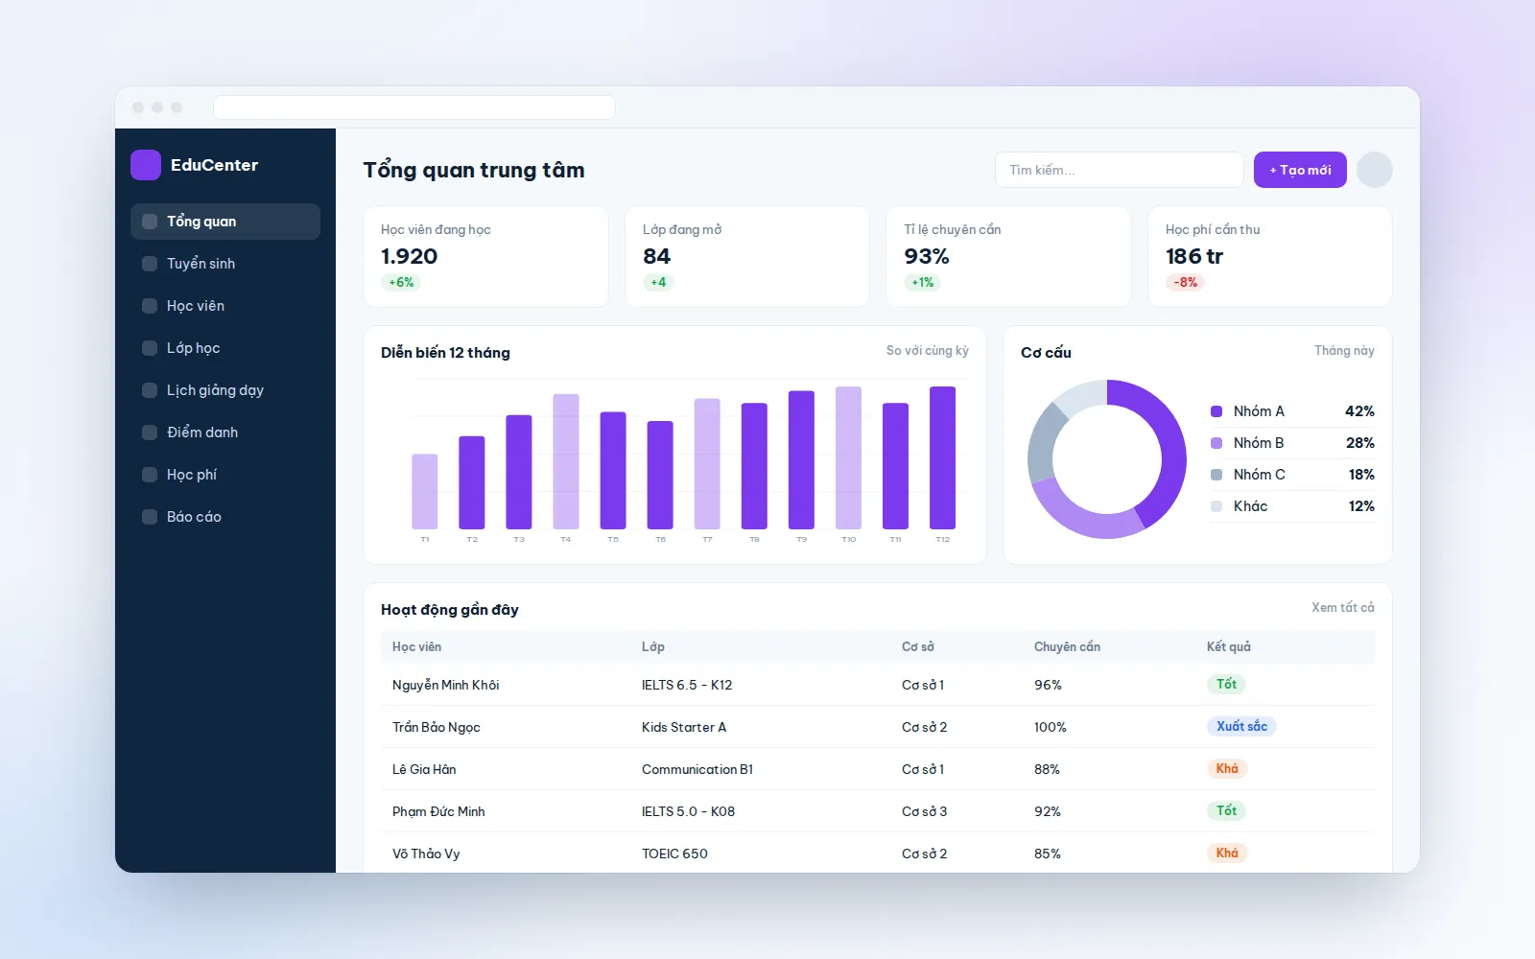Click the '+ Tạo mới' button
click(1300, 170)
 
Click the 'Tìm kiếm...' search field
click(1119, 170)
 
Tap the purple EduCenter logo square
click(146, 165)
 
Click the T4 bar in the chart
click(566, 461)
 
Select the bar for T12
click(942, 457)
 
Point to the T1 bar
click(425, 491)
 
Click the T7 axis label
click(707, 540)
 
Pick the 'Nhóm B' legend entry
click(1258, 443)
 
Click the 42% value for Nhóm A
click(1359, 411)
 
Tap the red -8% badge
click(1186, 282)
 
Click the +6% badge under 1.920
click(401, 282)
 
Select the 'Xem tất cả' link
click(1342, 608)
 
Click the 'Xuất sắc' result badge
click(1241, 726)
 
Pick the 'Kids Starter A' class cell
click(684, 727)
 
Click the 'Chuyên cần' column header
click(1067, 646)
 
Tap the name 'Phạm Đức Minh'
click(438, 811)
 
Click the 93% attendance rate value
click(927, 256)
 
